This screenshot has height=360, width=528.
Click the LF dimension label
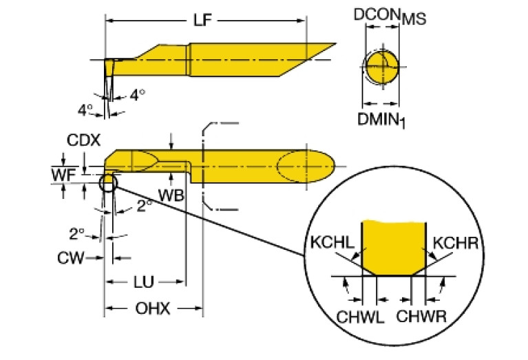(202, 21)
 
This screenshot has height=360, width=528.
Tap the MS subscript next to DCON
(414, 21)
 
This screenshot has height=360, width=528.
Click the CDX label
(84, 140)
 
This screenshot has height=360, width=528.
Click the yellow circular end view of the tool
(381, 67)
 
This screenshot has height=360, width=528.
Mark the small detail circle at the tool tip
(108, 183)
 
